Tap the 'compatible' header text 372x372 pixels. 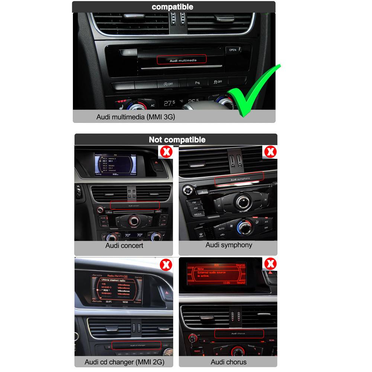pos(173,7)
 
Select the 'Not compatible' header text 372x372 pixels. pos(177,139)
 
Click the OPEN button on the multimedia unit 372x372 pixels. pos(232,50)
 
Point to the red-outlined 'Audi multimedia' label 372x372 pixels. pos(182,60)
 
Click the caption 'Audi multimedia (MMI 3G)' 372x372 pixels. pos(135,117)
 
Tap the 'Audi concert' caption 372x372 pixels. pos(124,246)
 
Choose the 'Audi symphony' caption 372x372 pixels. pos(229,245)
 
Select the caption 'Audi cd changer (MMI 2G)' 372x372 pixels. pos(124,362)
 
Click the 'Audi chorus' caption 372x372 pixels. pos(228,362)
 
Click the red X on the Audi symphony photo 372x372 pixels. pos(270,152)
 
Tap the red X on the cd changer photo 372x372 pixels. pos(165,265)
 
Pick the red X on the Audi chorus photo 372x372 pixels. pos(270,264)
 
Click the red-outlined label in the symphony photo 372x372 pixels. pos(239,178)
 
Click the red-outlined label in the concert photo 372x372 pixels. pos(135,205)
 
